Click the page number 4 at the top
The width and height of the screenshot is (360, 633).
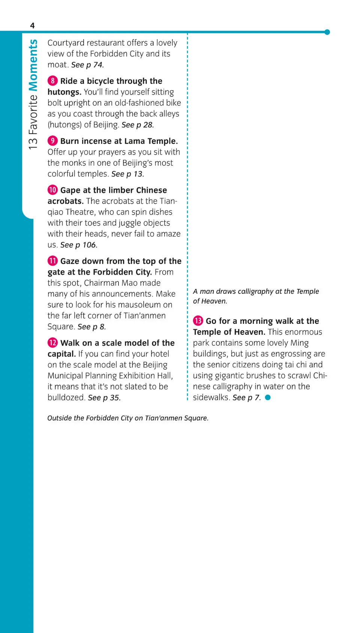pyautogui.click(x=32, y=26)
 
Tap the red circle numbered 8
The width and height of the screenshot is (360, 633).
pyautogui.click(x=52, y=81)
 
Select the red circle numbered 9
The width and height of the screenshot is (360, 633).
pyautogui.click(x=52, y=141)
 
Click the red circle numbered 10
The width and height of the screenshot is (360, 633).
pyautogui.click(x=52, y=190)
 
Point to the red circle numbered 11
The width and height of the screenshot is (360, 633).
pyautogui.click(x=52, y=261)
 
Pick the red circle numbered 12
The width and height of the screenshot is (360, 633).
pyautogui.click(x=52, y=343)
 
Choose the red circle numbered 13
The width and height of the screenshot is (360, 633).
pyautogui.click(x=198, y=321)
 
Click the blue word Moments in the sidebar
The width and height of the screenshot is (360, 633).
pyautogui.click(x=33, y=65)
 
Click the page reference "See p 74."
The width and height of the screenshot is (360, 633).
pyautogui.click(x=87, y=65)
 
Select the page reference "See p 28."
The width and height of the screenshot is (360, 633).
pyautogui.click(x=138, y=125)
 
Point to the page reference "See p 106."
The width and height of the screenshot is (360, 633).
pyautogui.click(x=79, y=245)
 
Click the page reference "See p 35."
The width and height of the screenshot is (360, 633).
pyautogui.click(x=104, y=398)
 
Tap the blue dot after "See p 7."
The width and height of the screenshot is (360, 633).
pyautogui.click(x=268, y=397)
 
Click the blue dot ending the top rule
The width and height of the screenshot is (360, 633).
pyautogui.click(x=327, y=32)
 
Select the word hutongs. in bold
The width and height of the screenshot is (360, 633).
pyautogui.click(x=64, y=92)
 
